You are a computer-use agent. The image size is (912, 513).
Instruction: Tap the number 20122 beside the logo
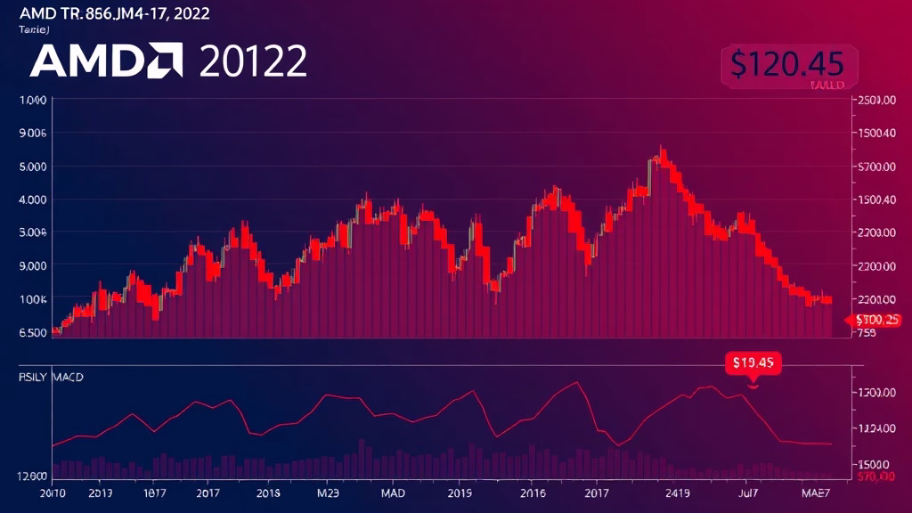coord(254,61)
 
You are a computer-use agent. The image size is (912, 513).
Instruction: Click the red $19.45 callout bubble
coord(753,362)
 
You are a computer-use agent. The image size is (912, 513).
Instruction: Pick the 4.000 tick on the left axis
coord(32,199)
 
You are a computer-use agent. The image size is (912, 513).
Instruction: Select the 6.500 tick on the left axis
coord(32,332)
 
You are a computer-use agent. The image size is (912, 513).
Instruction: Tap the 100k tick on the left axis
coord(32,298)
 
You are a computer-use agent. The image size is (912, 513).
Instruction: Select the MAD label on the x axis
coord(393,491)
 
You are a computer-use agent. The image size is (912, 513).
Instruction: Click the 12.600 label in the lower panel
coord(32,476)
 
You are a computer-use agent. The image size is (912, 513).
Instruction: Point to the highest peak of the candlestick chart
coord(661,148)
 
